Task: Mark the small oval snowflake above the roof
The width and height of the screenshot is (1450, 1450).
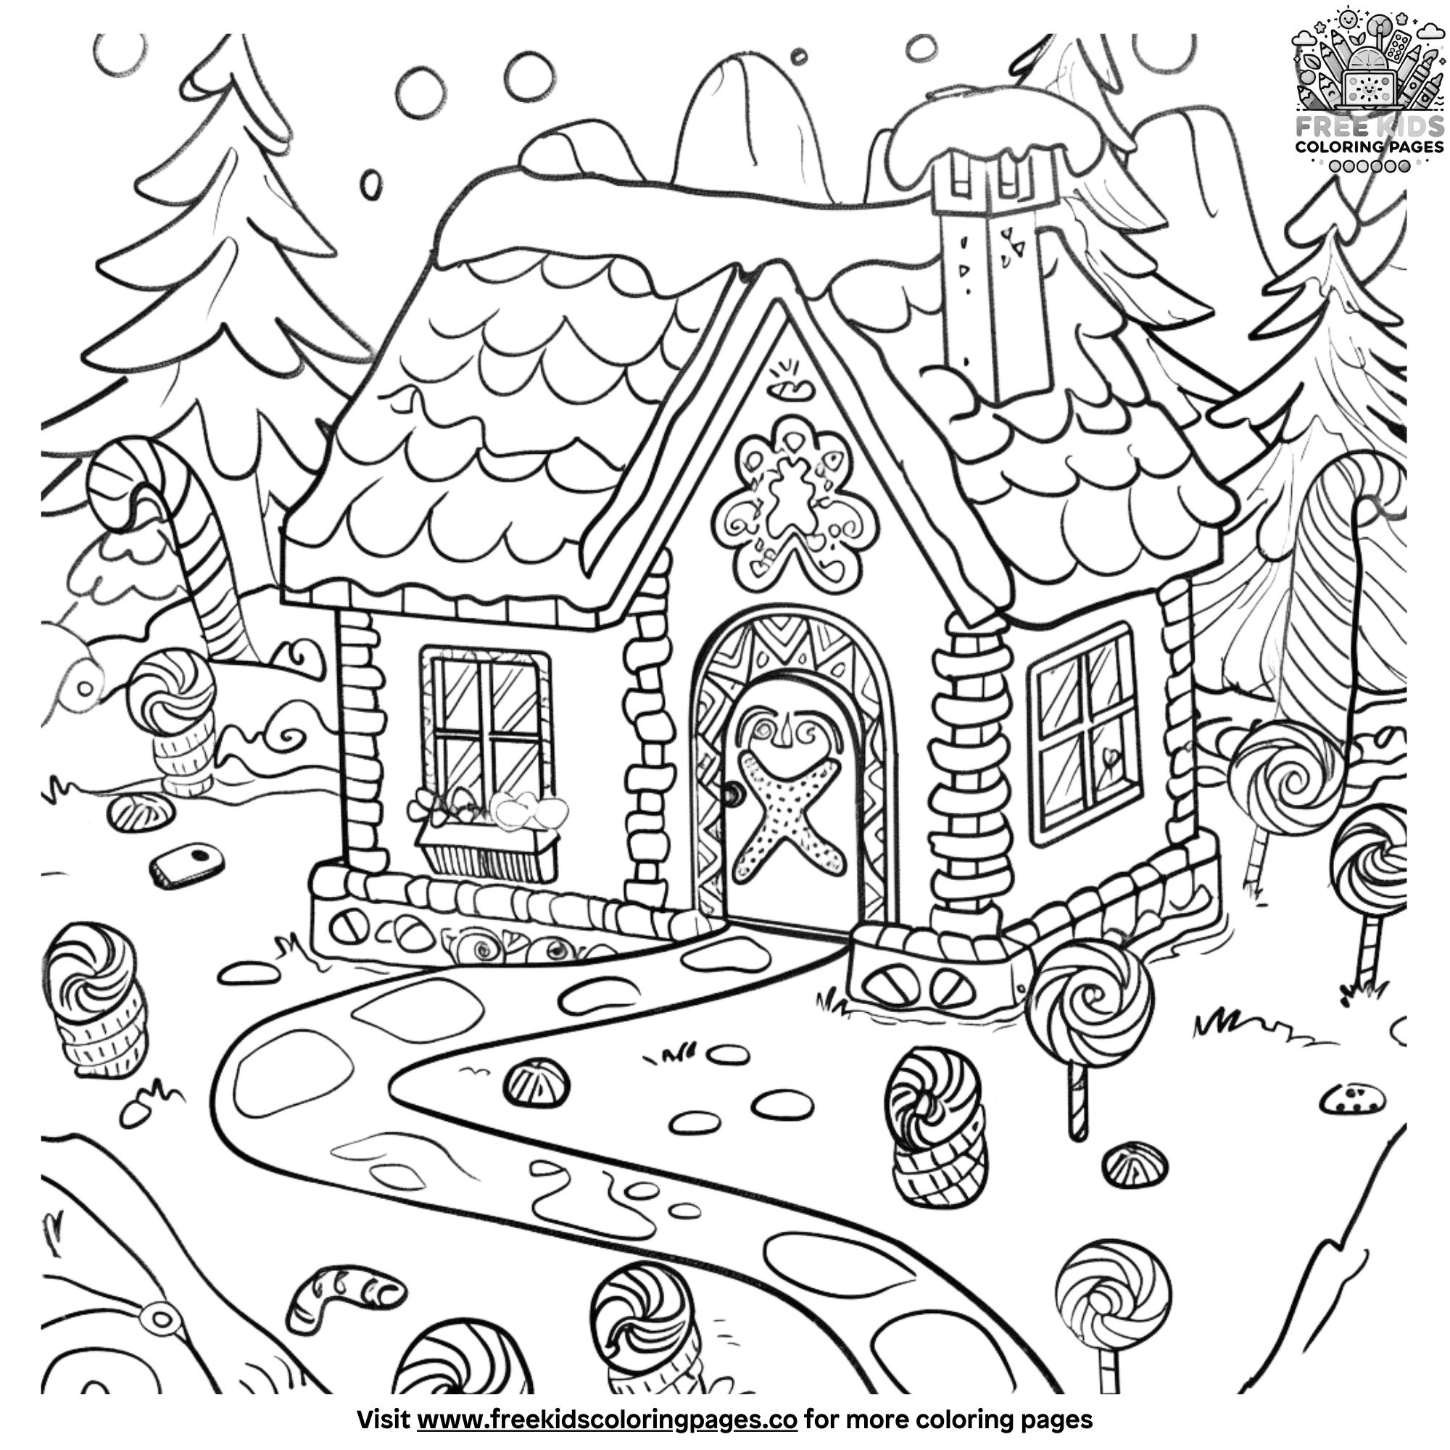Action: click(x=369, y=183)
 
